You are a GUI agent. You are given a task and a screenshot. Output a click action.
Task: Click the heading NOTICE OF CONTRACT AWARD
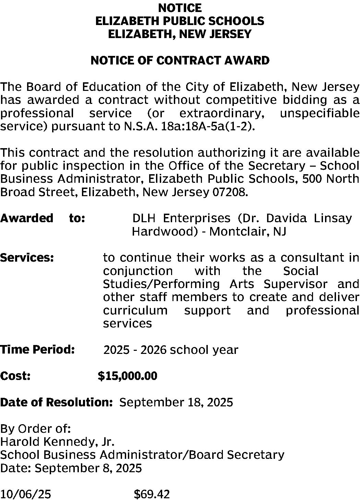(x=180, y=61)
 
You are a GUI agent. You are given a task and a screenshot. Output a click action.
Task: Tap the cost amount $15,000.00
(x=128, y=376)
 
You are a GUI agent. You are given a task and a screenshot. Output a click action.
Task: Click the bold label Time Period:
(x=37, y=350)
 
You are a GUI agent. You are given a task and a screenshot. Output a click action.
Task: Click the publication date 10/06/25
(x=26, y=494)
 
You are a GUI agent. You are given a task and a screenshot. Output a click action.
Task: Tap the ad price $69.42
(x=152, y=494)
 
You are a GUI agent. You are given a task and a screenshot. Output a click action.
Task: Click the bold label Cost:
(x=15, y=376)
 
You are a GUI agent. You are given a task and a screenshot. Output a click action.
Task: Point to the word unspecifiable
(x=320, y=113)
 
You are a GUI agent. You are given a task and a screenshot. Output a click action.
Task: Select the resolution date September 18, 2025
(x=176, y=402)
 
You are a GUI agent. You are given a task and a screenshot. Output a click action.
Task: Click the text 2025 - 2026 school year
(x=171, y=350)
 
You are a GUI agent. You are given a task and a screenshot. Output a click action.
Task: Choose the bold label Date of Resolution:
(x=57, y=402)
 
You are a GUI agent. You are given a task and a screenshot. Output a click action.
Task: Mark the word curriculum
(x=135, y=310)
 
